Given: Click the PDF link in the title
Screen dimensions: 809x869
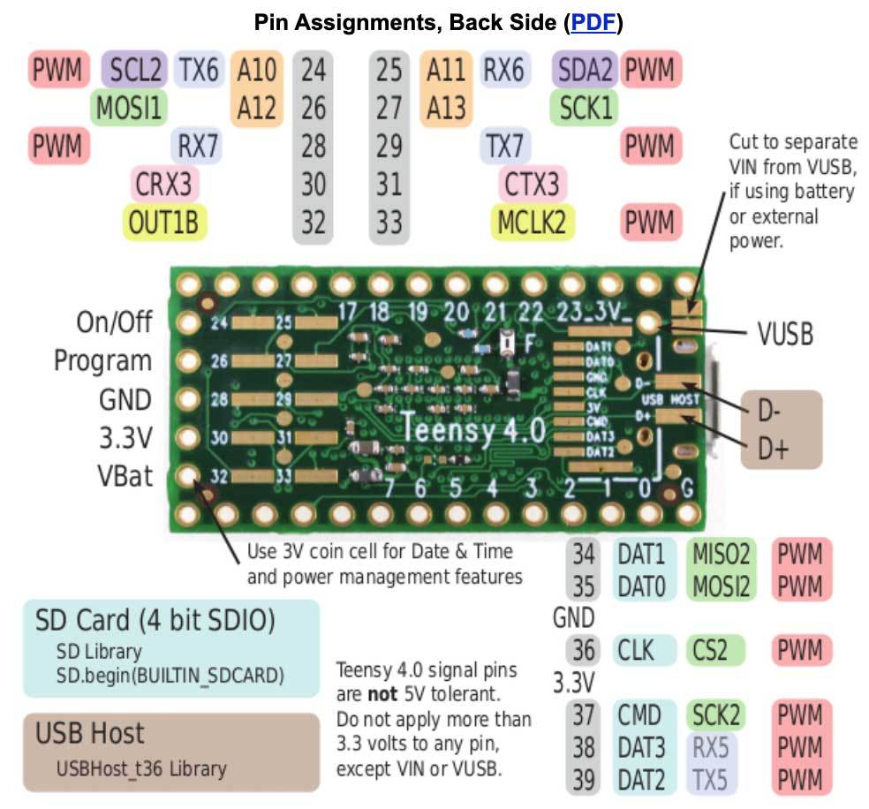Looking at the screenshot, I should (x=593, y=22).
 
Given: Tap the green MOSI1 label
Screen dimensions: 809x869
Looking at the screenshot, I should (x=129, y=108).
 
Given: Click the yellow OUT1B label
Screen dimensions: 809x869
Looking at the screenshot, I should (x=163, y=222).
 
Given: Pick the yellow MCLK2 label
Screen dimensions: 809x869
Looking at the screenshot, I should (x=532, y=222).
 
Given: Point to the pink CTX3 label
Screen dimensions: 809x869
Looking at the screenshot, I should (x=532, y=184).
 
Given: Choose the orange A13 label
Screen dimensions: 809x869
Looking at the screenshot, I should (x=446, y=108).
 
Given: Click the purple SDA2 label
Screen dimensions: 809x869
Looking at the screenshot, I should (x=586, y=70).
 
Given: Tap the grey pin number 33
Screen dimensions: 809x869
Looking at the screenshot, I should (x=389, y=222).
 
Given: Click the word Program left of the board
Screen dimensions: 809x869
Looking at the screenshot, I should (x=103, y=360).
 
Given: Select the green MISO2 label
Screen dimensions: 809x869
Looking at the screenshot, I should (x=719, y=555).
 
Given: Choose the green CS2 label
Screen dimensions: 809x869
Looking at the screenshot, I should (x=709, y=651).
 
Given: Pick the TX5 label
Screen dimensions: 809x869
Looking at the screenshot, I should (x=711, y=779).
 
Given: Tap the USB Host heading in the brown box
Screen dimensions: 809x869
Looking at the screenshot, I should (x=89, y=733).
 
